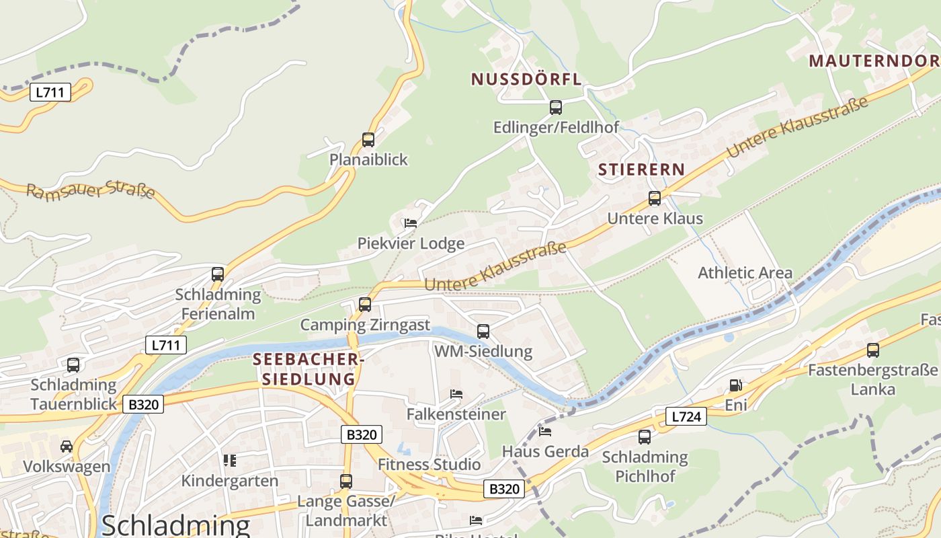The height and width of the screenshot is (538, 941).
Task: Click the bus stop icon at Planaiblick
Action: click(x=368, y=140)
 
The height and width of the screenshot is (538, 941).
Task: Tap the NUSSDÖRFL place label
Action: click(x=526, y=79)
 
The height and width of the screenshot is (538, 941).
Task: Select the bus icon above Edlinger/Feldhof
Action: click(x=556, y=108)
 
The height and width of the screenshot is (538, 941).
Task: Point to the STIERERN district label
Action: click(x=641, y=169)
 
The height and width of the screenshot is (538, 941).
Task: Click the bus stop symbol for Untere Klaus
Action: click(x=655, y=198)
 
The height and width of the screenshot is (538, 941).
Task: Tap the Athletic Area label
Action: click(x=745, y=273)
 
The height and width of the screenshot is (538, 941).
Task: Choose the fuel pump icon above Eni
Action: click(x=736, y=385)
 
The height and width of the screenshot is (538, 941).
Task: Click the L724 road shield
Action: click(x=686, y=417)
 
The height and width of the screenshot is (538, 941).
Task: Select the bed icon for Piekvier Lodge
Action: click(x=411, y=223)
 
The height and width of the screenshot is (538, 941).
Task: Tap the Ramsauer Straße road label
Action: click(x=91, y=191)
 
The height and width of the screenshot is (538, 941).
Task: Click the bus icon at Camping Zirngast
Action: click(x=365, y=305)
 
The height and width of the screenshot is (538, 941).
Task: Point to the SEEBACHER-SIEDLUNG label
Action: click(x=309, y=369)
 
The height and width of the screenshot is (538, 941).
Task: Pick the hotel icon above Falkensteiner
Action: click(x=456, y=394)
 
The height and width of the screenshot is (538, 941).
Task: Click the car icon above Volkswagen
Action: click(x=67, y=447)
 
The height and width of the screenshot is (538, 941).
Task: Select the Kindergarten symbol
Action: click(x=230, y=461)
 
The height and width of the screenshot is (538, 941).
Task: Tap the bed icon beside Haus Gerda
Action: click(x=545, y=431)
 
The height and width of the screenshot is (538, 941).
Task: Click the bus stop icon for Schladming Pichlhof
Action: click(x=645, y=437)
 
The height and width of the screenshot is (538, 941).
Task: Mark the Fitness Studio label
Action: click(x=429, y=465)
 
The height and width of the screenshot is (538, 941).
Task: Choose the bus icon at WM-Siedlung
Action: click(x=483, y=331)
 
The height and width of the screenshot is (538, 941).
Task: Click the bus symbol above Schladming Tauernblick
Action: click(x=73, y=365)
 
